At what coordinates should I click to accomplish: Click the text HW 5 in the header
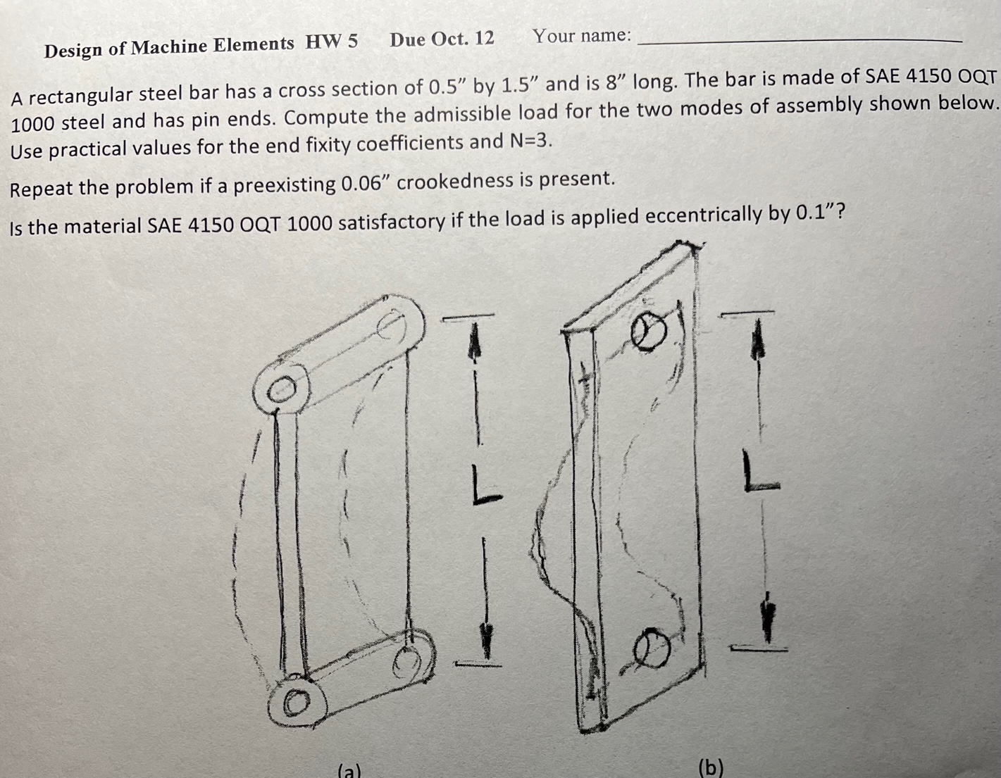click(331, 42)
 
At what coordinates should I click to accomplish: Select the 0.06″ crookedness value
click(366, 184)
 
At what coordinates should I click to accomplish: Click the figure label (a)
click(349, 770)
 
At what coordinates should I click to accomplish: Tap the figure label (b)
click(710, 766)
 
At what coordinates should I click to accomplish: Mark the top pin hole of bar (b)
click(647, 332)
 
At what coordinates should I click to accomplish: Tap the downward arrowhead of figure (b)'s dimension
click(768, 616)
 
